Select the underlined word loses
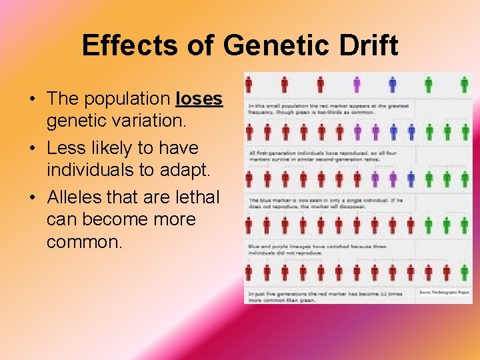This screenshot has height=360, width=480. tap(199, 99)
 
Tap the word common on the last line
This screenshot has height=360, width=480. tap(85, 241)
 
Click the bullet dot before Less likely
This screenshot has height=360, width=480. tap(32, 148)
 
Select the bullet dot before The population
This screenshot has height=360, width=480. tap(32, 99)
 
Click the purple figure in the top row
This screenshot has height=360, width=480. tap(357, 85)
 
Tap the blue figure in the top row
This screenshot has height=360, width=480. tap(393, 85)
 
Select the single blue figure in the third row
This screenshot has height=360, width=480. tap(411, 179)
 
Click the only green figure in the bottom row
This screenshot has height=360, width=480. tap(464, 272)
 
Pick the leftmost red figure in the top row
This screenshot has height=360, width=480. tap(249, 85)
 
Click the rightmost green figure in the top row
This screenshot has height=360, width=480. tap(465, 85)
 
